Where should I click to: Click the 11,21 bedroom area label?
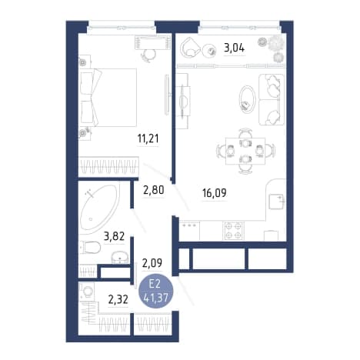point(148,138)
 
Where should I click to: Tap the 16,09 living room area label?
point(215,193)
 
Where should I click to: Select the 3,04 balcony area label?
point(235,48)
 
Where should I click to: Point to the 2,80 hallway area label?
point(154,190)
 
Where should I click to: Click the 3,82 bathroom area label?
point(114,236)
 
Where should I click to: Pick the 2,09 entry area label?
point(152,263)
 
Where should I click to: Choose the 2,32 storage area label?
point(118,299)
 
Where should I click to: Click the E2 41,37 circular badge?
point(156,291)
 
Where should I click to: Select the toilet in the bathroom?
point(90,247)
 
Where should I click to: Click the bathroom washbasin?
point(120,257)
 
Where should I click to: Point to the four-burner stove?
point(233,231)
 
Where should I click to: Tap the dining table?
point(245,151)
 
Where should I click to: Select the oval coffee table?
point(247,98)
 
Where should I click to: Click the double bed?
point(108,98)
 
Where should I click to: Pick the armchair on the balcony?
point(190,47)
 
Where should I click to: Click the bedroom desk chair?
point(148,55)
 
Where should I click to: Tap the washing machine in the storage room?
point(87,292)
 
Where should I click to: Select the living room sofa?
point(272,99)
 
